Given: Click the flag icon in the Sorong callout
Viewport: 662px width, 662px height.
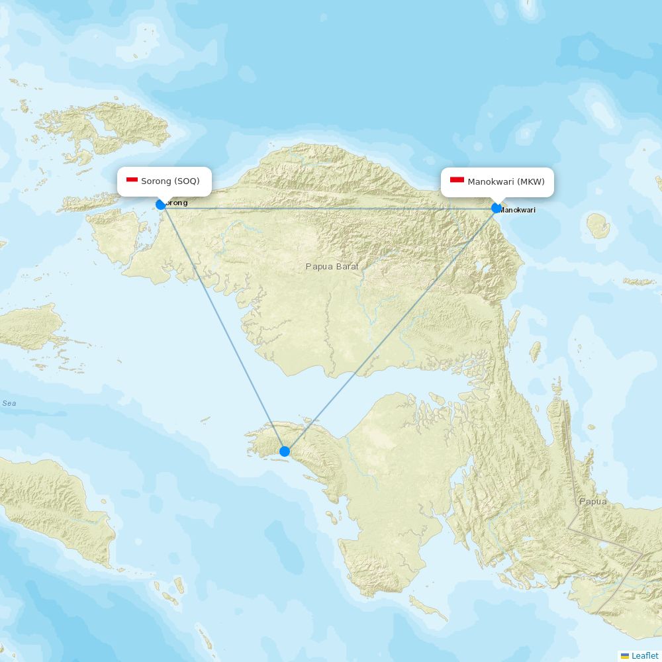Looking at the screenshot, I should [132, 180].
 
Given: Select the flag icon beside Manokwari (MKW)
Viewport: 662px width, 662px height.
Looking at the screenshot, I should [457, 180].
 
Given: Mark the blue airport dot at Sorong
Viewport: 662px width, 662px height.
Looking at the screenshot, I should [160, 205].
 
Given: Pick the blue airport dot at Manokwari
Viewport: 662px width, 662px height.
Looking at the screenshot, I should [496, 208].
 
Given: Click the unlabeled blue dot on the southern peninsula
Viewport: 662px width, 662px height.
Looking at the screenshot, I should [285, 451].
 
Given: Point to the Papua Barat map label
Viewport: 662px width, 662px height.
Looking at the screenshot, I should [332, 266].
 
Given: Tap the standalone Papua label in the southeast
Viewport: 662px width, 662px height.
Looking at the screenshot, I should [592, 501].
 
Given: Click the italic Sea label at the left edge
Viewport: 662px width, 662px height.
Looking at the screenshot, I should [9, 403].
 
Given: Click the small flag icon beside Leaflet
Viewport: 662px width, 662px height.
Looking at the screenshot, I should [624, 655].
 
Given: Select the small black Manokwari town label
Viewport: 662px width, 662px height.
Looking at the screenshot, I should [518, 210].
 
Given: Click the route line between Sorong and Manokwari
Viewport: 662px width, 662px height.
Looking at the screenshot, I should [331, 209].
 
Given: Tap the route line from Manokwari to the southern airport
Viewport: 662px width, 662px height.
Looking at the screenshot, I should [391, 330].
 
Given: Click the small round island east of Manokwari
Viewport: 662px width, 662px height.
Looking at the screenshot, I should [598, 226].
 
